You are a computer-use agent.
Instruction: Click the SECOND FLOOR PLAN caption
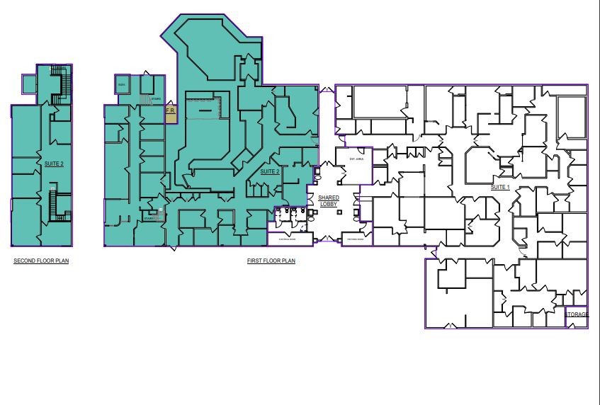pos(41,261)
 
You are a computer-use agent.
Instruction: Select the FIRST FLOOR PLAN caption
pos(271,261)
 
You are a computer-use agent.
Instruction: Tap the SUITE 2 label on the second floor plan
pos(54,164)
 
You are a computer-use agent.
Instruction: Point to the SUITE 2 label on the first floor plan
pos(269,172)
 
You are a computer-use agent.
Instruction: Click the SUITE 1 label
pos(500,187)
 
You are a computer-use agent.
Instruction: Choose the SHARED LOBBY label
pos(329,201)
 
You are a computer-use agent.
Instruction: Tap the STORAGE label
pos(576,315)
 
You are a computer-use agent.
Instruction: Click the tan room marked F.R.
pos(170,113)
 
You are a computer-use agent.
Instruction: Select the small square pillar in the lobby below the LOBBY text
pos(329,212)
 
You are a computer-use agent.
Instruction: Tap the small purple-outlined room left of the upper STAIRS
pos(121,84)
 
